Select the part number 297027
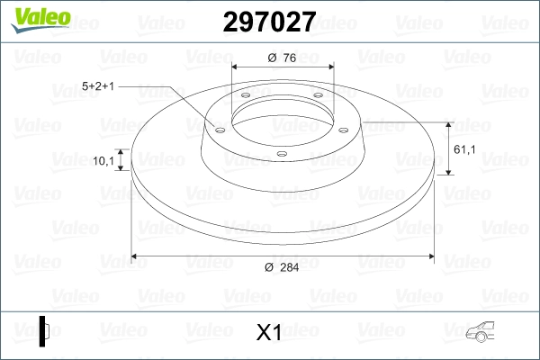[262, 22]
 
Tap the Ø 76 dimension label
[283, 59]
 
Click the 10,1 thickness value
[104, 162]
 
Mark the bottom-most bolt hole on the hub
[281, 153]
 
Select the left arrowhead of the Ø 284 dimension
[136, 257]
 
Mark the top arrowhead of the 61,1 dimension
[448, 124]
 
